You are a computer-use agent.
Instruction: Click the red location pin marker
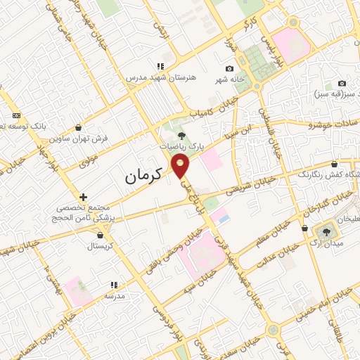pos(181,166)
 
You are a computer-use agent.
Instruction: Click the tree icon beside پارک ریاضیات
pos(181,136)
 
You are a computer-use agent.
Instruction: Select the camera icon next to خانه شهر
pos(229,68)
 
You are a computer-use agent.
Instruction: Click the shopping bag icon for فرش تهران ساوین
pos(78,128)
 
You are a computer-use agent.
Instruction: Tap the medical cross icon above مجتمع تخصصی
pos(83,197)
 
